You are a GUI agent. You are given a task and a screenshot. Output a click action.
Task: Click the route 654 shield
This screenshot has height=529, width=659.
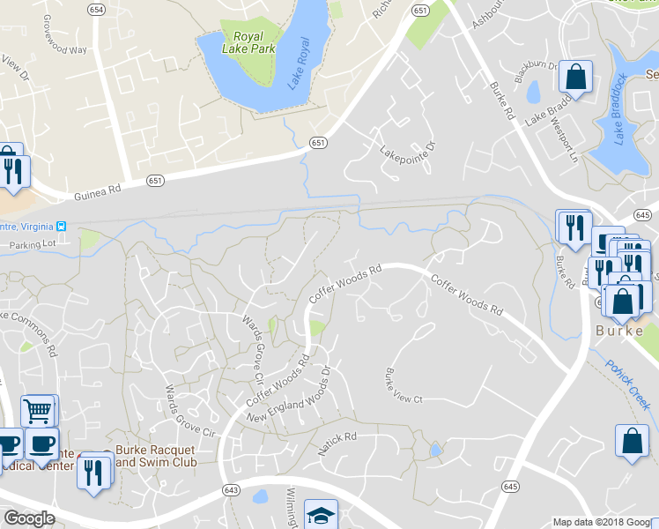95,9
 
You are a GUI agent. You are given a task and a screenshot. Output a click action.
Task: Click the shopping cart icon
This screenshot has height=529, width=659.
39,410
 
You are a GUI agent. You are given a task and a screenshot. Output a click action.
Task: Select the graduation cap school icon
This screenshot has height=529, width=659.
321,516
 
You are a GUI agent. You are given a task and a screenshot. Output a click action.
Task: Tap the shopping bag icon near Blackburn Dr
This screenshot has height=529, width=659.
576,77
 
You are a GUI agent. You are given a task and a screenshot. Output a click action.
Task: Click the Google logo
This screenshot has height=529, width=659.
29,518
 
